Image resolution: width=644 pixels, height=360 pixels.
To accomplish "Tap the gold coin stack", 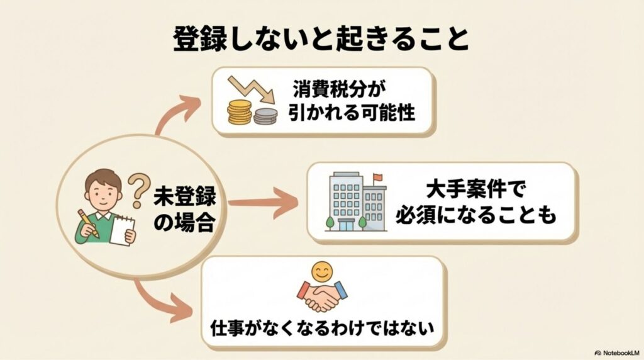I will (240, 112).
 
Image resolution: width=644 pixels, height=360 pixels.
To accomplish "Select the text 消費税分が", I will (338, 88).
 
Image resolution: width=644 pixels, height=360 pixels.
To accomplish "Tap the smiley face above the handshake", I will (323, 273).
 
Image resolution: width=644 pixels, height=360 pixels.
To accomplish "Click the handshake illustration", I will (322, 296).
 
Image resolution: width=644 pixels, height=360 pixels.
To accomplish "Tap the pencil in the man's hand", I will (89, 224).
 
